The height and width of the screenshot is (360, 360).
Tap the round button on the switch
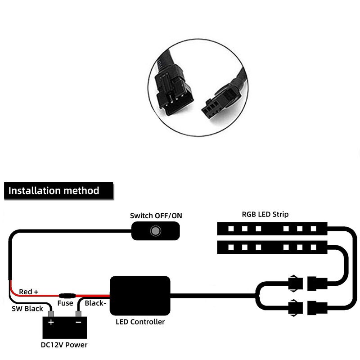point(155,231)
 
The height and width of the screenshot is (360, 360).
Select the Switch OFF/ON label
point(156,216)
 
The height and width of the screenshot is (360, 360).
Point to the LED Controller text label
point(140,322)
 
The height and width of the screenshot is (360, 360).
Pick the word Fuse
point(65,303)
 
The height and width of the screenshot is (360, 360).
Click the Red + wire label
point(28,292)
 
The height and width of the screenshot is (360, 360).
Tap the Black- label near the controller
point(95,303)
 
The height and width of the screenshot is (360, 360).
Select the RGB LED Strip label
point(265,215)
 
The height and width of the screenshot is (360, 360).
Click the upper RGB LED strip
point(273,229)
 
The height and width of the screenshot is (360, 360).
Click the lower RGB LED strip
point(273,247)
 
